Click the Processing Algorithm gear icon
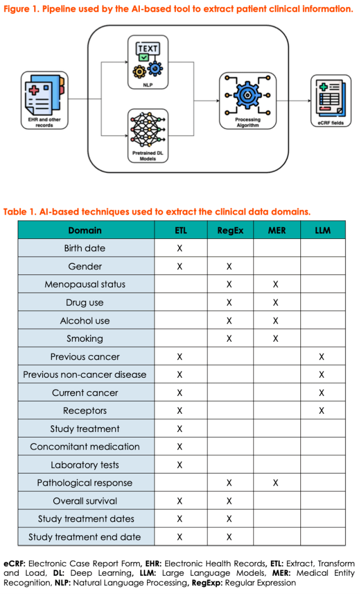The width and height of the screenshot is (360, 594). [247, 94]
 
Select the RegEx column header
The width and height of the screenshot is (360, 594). [230, 230]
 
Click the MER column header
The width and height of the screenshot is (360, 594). [276, 230]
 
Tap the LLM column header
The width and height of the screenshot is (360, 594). [322, 230]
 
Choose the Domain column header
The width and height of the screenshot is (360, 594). [85, 230]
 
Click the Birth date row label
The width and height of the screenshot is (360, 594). [85, 248]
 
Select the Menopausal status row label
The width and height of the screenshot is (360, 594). [85, 284]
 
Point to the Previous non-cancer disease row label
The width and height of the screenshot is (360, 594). [85, 374]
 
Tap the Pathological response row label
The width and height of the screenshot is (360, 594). [85, 483]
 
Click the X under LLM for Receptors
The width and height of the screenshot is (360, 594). [322, 410]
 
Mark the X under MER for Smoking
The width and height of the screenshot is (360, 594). [276, 338]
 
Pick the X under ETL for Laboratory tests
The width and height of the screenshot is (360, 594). [179, 465]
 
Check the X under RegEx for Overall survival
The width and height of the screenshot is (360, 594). [229, 501]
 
